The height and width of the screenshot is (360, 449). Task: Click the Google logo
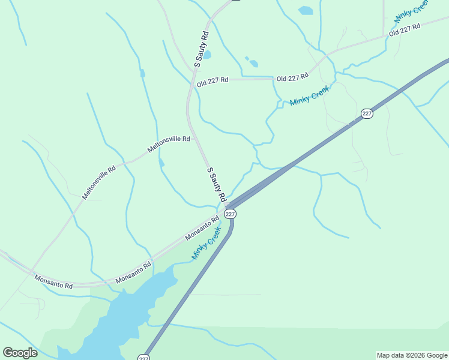pyautogui.click(x=20, y=353)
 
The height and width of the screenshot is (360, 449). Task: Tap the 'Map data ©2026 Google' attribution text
pyautogui.click(x=412, y=355)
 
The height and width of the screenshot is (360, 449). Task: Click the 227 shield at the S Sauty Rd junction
pyautogui.click(x=231, y=214)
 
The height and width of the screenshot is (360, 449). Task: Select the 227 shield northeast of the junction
pyautogui.click(x=367, y=113)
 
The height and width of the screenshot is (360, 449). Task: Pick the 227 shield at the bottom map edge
pyautogui.click(x=143, y=358)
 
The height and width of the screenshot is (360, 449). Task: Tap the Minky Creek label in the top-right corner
pyautogui.click(x=411, y=12)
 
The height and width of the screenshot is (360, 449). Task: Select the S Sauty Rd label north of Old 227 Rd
pyautogui.click(x=201, y=49)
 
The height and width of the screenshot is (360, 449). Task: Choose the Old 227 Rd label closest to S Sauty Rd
pyautogui.click(x=212, y=80)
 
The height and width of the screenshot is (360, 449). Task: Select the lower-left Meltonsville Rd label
pyautogui.click(x=99, y=182)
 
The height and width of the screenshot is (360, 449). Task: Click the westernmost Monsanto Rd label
pyautogui.click(x=53, y=281)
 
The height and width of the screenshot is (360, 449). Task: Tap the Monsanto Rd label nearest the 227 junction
pyautogui.click(x=202, y=227)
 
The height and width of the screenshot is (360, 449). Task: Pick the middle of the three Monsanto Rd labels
pyautogui.click(x=134, y=272)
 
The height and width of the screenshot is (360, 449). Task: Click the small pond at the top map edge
pyautogui.click(x=306, y=10)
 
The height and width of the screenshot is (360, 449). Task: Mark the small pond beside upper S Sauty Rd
pyautogui.click(x=207, y=55)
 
